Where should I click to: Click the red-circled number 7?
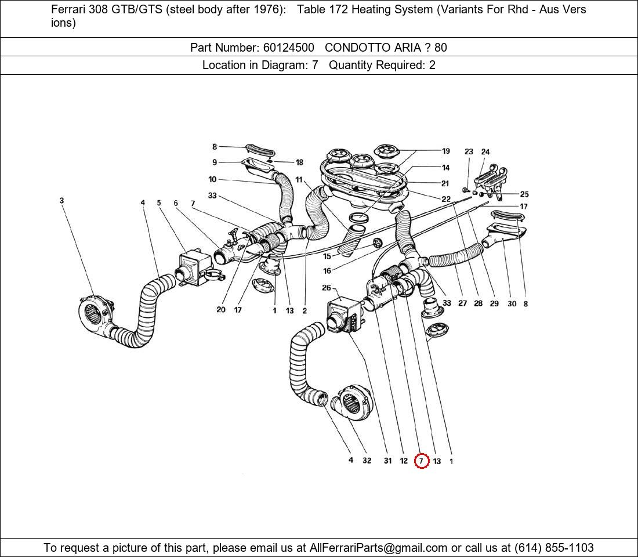point(422,461)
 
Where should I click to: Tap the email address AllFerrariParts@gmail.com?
point(378,548)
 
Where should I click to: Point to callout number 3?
point(61,201)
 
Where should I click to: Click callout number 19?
point(445,151)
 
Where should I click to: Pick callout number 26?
point(327,288)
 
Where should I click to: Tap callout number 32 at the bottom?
point(367,461)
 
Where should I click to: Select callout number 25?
point(524,194)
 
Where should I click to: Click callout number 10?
point(212,180)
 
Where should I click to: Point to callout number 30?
point(512,303)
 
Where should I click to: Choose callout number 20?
point(221,310)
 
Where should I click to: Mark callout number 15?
point(327,256)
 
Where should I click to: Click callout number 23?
point(469,152)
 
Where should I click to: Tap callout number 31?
point(387,461)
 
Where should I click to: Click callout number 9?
point(215,162)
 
